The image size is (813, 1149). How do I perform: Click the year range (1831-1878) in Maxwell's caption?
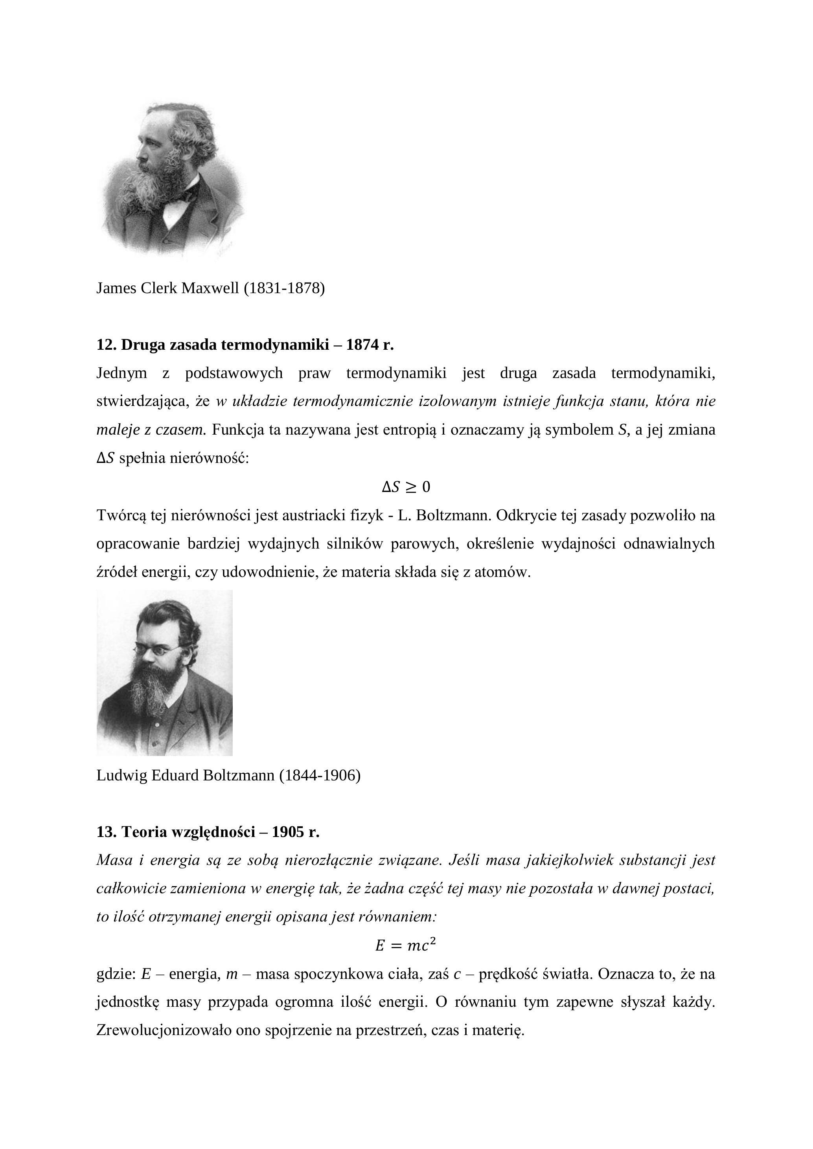coord(284,288)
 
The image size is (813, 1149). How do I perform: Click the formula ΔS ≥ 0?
coord(406,487)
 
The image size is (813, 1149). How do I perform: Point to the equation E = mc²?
coord(406,946)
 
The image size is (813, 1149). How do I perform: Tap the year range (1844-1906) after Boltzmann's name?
coord(320,775)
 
